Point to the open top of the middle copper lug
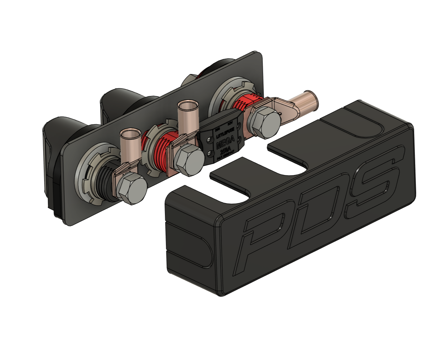tap(188, 105)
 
